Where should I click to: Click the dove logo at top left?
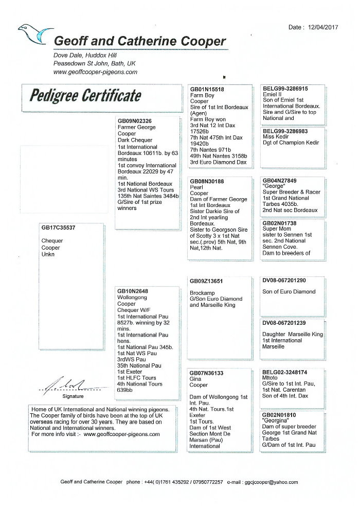point(35,34)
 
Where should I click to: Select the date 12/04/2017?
point(328,27)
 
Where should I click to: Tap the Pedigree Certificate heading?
point(85,96)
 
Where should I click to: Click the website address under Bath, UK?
point(95,72)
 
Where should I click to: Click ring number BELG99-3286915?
point(285,90)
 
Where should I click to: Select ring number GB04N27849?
point(280,181)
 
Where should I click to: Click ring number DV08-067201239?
point(284,323)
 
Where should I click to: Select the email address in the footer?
point(269,482)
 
